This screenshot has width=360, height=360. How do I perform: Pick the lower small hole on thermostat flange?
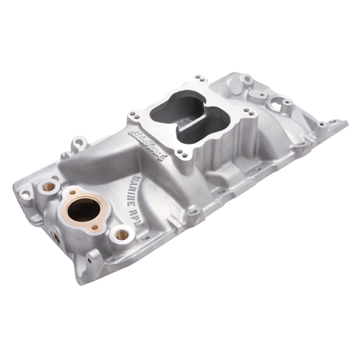[x=94, y=227]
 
